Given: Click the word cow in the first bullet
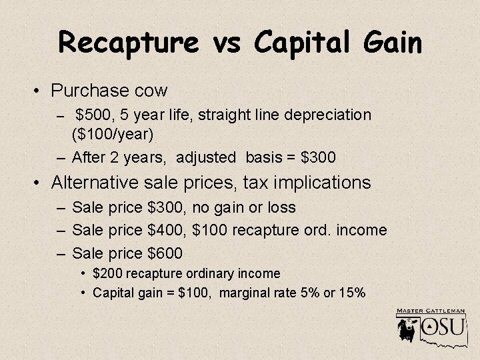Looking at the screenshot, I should coord(151,89).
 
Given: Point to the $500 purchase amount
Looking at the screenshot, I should coord(93,115).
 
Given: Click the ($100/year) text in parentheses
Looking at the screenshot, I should coord(113,135).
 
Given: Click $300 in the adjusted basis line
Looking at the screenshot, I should coord(319,158).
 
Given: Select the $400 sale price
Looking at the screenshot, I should coord(165,230).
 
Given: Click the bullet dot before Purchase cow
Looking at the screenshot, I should coord(40,90).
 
